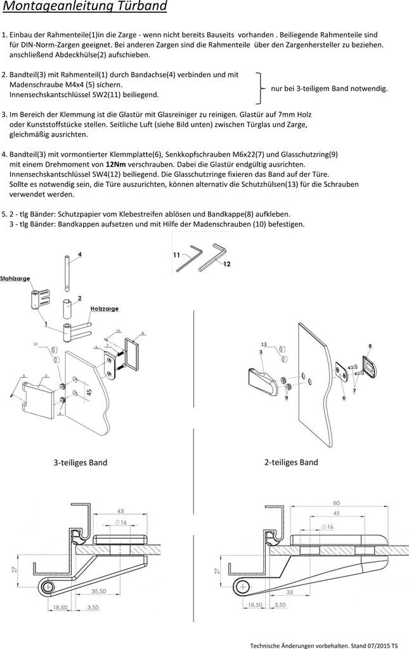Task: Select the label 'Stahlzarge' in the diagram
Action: click(x=16, y=278)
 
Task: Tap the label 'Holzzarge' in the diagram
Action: click(x=104, y=308)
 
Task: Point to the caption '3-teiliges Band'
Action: click(x=80, y=463)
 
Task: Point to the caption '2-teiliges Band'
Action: click(x=291, y=462)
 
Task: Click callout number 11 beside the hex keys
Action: click(x=176, y=254)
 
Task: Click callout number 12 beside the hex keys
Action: click(x=226, y=263)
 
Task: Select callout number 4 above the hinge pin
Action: click(x=80, y=254)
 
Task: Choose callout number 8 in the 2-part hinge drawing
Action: click(x=370, y=346)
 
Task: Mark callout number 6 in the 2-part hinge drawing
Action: click(x=343, y=398)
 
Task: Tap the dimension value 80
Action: click(x=335, y=504)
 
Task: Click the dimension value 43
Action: click(x=121, y=511)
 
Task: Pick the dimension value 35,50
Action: click(x=98, y=591)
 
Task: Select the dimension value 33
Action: click(x=289, y=592)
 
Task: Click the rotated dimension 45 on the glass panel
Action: click(x=88, y=391)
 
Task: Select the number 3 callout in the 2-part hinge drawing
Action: click(x=261, y=351)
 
